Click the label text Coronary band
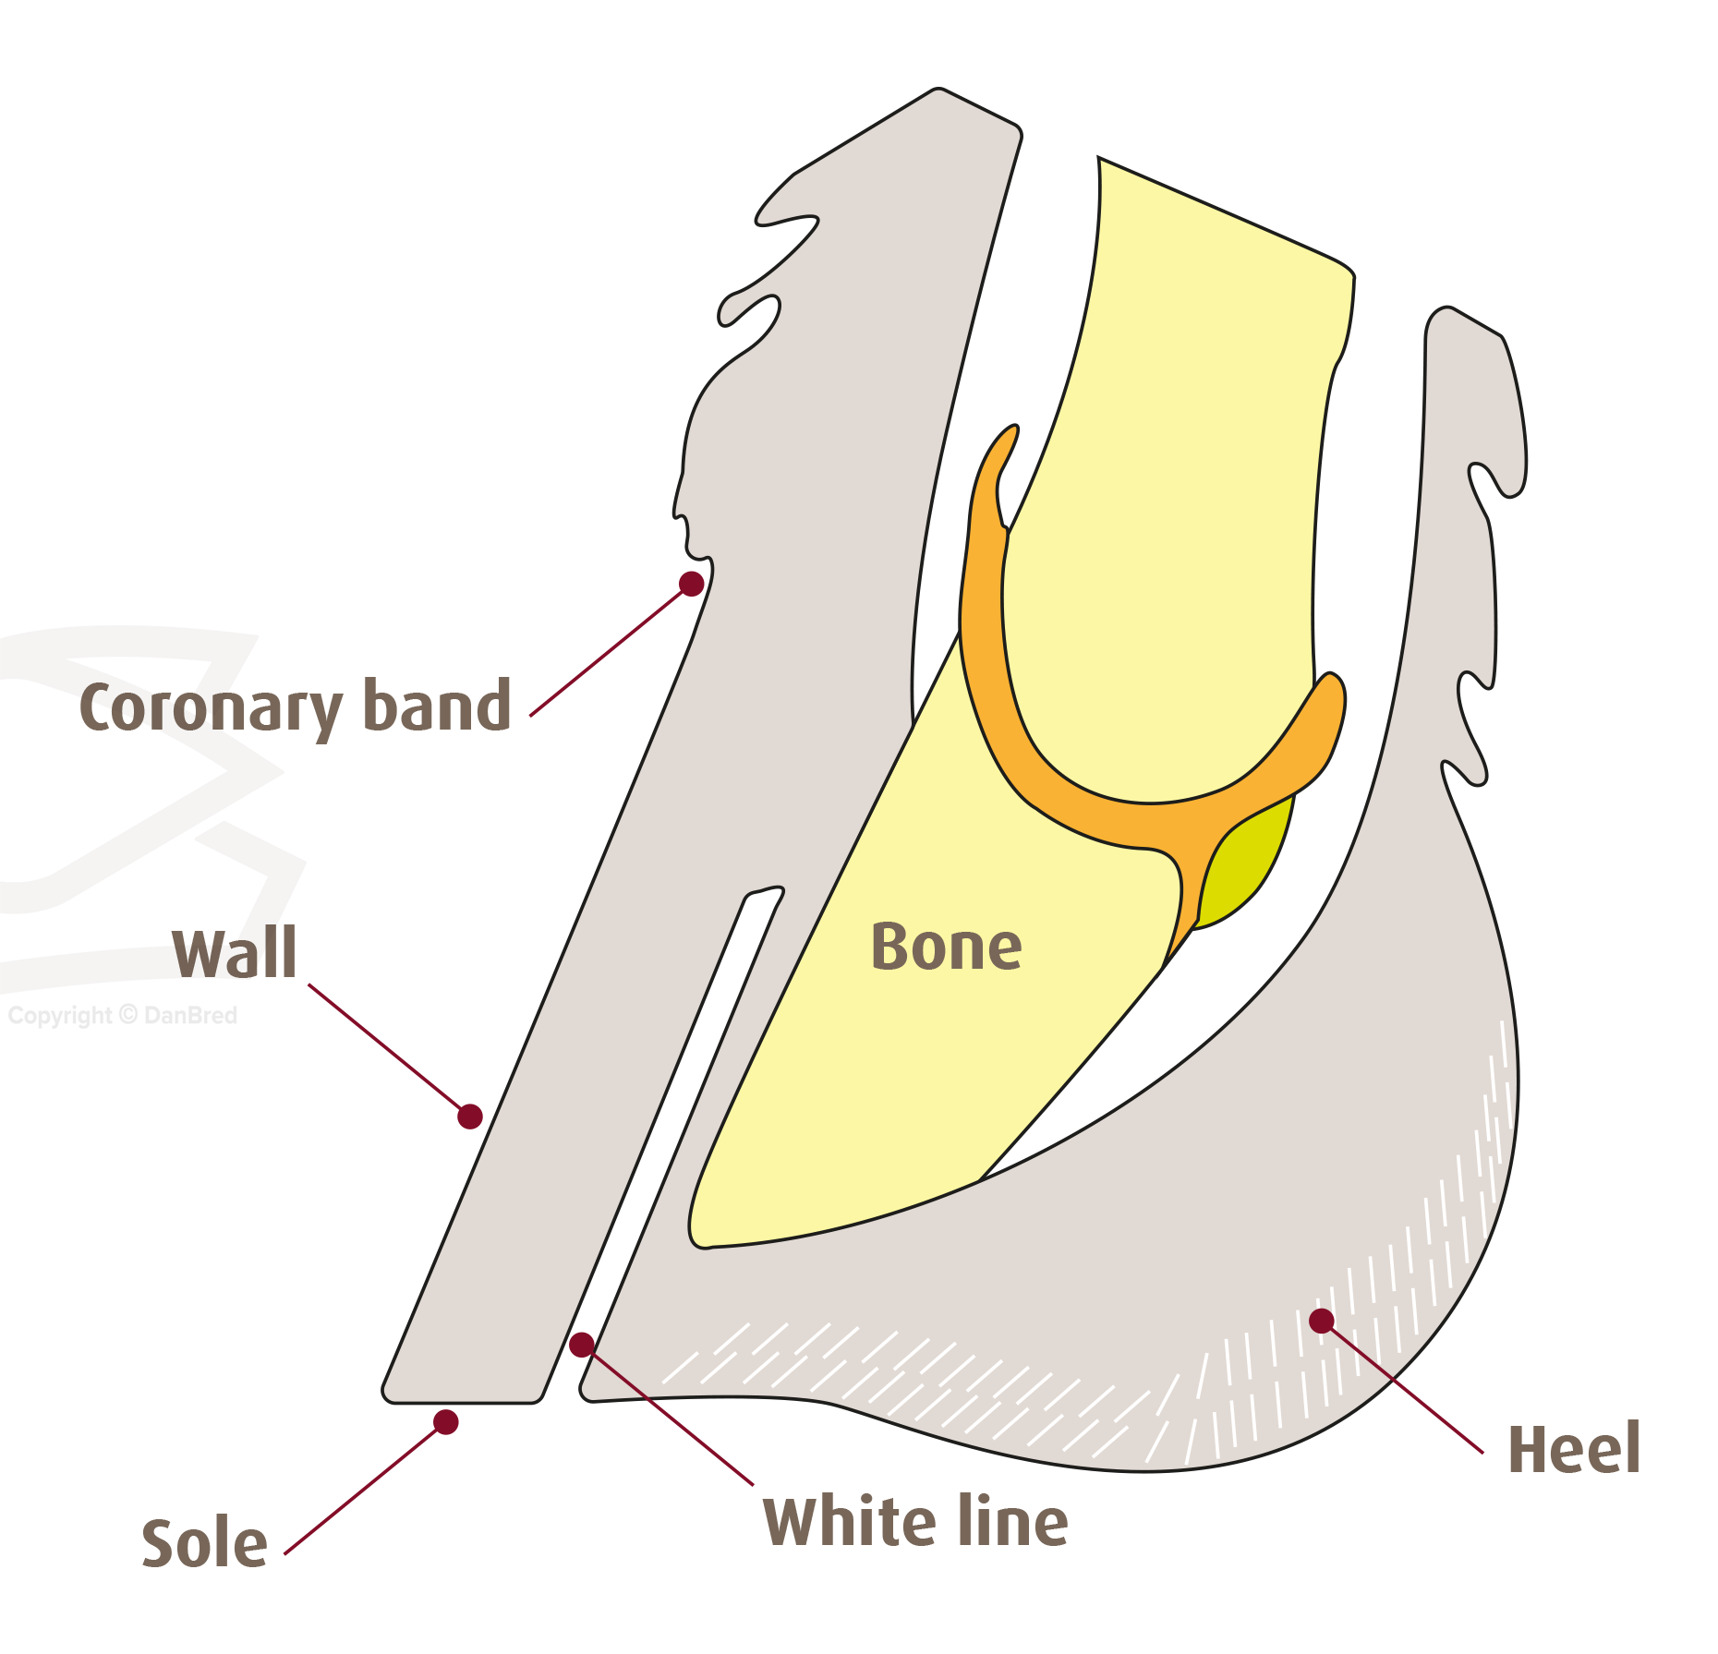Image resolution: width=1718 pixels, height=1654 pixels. tap(296, 706)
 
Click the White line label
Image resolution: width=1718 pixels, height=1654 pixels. tap(915, 1521)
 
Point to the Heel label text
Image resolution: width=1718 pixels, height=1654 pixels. tap(1574, 1449)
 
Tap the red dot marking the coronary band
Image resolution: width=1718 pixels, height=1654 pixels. tap(691, 584)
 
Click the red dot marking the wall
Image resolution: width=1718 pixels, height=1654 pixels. tap(470, 1117)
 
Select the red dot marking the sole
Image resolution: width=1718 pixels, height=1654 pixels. tap(446, 1422)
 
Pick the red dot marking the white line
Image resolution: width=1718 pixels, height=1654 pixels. tap(582, 1345)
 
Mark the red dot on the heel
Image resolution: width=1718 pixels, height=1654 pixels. tap(1322, 1321)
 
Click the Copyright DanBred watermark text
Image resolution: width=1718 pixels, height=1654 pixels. tap(122, 1016)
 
